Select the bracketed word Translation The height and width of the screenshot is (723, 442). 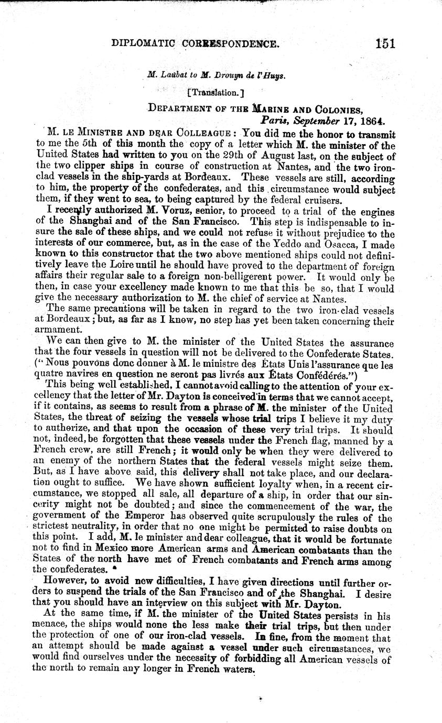point(212,91)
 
